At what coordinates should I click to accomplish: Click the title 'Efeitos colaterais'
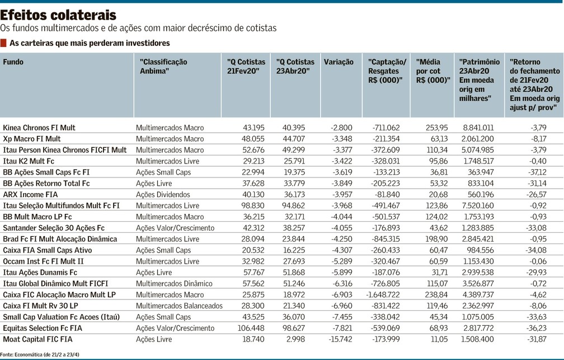(x=58, y=15)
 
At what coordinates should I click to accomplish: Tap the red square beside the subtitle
(x=3, y=43)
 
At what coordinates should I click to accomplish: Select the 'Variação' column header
(x=339, y=62)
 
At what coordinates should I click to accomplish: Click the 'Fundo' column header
(x=13, y=62)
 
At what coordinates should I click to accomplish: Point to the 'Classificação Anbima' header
(x=163, y=66)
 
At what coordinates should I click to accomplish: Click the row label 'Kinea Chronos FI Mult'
(x=39, y=128)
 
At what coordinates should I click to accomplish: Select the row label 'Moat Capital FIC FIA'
(x=38, y=339)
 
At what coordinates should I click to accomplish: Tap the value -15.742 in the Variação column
(x=340, y=339)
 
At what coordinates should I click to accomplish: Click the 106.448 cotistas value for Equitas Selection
(x=251, y=328)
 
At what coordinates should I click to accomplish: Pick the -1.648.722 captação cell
(x=383, y=294)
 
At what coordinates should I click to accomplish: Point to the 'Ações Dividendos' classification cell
(x=163, y=194)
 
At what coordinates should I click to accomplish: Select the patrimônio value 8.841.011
(x=478, y=128)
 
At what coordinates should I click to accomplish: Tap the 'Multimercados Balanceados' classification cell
(x=179, y=306)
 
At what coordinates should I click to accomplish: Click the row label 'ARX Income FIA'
(x=30, y=194)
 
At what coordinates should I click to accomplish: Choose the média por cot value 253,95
(x=436, y=128)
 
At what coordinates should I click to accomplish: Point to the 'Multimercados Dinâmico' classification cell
(x=174, y=283)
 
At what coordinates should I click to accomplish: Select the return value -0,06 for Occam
(x=538, y=261)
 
